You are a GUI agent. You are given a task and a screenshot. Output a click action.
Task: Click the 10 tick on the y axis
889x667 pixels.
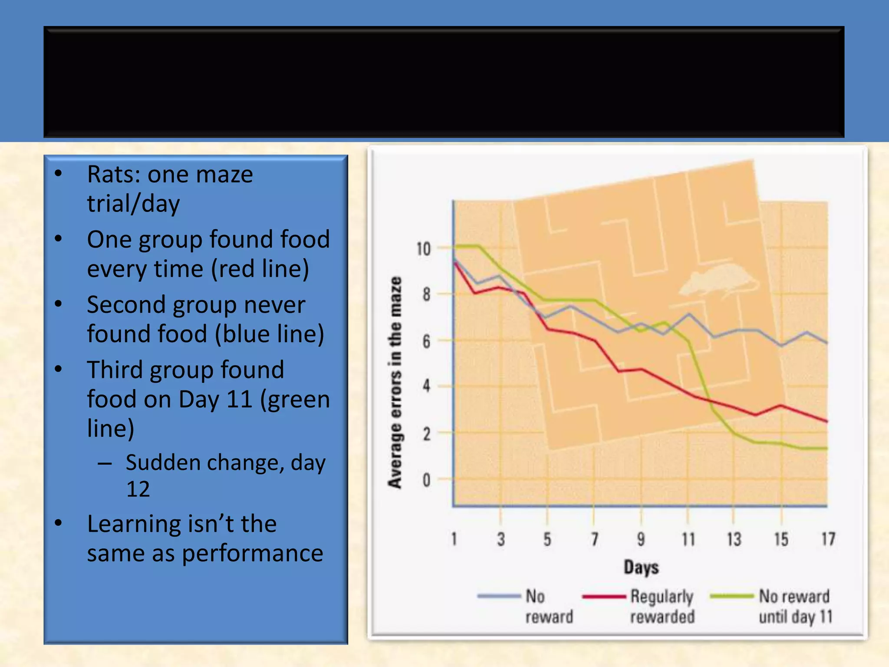pos(424,249)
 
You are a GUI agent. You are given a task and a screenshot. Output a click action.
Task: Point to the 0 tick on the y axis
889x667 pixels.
pos(426,480)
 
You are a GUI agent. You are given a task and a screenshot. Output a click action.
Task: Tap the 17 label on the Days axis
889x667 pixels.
pos(828,539)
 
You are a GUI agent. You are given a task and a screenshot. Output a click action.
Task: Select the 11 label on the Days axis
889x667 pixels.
pos(688,539)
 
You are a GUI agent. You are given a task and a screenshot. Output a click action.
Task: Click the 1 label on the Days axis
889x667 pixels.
pos(454,539)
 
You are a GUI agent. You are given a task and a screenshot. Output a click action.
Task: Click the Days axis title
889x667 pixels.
pos(641,567)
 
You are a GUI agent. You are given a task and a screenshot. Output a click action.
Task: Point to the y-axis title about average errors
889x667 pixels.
pos(395,383)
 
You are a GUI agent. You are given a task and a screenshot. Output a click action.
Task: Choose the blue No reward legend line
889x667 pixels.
pos(499,596)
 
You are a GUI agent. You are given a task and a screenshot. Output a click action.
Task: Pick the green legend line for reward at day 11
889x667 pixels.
pos(732,596)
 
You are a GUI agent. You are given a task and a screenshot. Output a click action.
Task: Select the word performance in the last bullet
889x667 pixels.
pos(252,553)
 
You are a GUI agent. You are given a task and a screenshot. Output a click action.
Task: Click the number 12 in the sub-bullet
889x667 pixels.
pos(138,489)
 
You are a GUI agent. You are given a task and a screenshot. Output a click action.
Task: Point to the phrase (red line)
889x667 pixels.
pos(260,269)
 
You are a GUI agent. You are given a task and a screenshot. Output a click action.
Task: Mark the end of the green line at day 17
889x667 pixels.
pos(827,448)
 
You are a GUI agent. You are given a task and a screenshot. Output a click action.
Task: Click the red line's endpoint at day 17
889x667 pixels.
pos(827,421)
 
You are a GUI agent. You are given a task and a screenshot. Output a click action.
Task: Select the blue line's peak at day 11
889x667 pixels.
pos(688,314)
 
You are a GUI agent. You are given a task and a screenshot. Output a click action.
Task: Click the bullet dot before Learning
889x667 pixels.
pos(59,523)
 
